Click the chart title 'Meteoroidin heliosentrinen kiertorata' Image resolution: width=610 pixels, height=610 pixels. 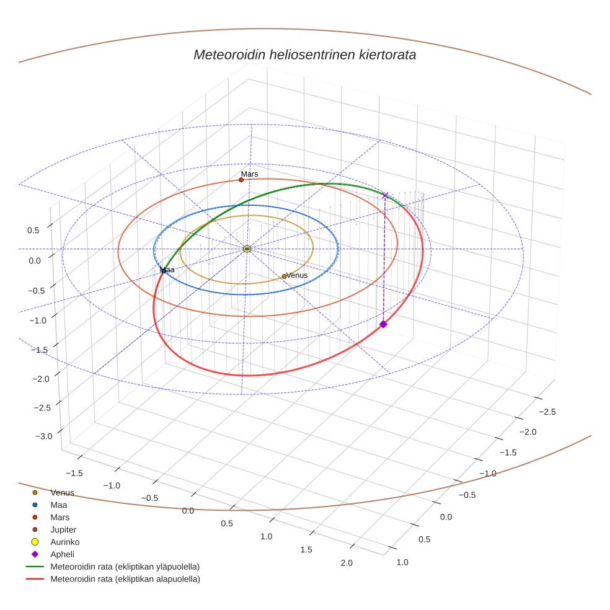click(304, 55)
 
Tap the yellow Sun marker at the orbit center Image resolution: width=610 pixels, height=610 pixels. click(247, 249)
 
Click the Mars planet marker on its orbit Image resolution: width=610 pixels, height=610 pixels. click(241, 180)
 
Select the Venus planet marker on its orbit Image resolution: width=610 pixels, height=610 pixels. click(284, 276)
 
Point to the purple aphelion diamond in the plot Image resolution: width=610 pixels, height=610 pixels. click(383, 324)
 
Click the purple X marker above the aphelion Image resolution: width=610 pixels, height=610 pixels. click(385, 195)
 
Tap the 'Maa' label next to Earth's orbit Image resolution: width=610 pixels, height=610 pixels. click(167, 270)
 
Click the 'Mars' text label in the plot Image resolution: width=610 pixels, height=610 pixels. click(250, 174)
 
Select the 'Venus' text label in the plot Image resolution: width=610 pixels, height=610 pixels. click(297, 275)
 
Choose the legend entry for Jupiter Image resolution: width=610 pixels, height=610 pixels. click(63, 529)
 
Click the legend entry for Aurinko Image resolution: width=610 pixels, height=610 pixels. click(64, 542)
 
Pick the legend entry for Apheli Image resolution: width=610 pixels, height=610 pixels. click(62, 554)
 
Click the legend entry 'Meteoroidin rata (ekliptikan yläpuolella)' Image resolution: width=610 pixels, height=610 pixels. click(125, 567)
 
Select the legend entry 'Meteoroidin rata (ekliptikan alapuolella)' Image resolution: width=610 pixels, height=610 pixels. click(125, 579)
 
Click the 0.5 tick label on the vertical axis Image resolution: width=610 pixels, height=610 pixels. click(33, 231)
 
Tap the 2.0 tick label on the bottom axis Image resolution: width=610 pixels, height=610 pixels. click(346, 563)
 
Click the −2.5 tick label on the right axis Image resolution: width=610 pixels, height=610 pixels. click(546, 412)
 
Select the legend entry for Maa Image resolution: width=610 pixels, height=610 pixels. click(59, 505)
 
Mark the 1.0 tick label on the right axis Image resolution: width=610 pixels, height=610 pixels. click(402, 562)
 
